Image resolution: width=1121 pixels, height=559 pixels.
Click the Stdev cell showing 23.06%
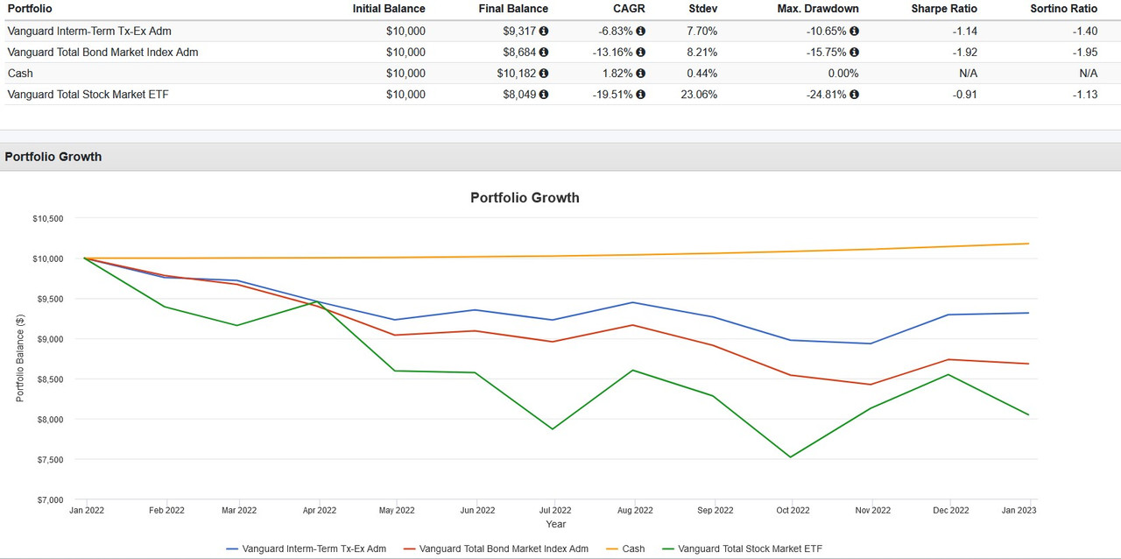tap(698, 94)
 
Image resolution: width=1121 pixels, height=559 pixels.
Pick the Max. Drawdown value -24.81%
tap(827, 94)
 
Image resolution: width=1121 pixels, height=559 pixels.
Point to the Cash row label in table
tap(20, 73)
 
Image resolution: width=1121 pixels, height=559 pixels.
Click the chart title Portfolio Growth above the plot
tap(525, 197)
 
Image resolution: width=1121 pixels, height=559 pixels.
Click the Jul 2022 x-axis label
tap(554, 510)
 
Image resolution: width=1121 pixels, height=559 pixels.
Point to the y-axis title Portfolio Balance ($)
tap(20, 357)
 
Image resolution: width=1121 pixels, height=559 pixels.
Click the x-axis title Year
tap(555, 524)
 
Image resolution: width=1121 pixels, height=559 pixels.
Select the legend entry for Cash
tap(632, 548)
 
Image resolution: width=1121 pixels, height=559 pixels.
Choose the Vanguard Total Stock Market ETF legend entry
tap(750, 548)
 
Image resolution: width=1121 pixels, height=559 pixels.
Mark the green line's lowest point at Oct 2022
tap(791, 456)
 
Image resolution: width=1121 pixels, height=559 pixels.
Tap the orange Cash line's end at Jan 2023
tap(1028, 244)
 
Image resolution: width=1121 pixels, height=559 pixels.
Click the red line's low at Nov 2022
tap(870, 384)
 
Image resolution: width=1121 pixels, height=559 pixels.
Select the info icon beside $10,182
tap(544, 74)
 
